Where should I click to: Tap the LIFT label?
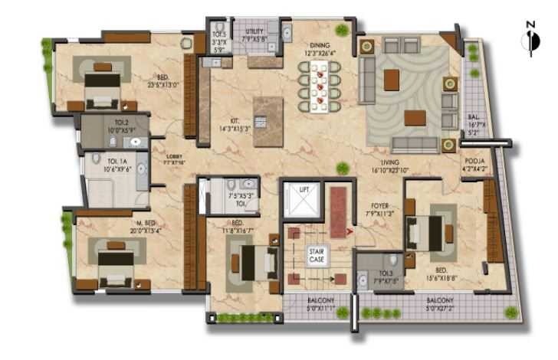(304, 188)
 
